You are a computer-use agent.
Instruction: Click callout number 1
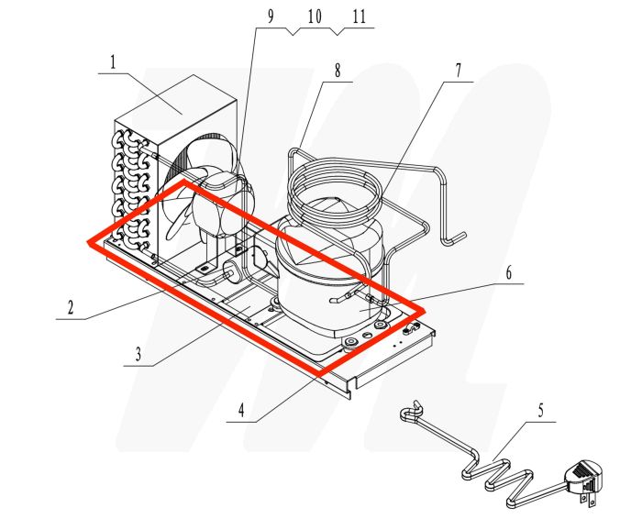[x=113, y=63]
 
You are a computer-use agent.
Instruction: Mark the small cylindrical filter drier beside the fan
[x=234, y=270]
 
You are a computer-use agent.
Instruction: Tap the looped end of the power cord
[x=411, y=418]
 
